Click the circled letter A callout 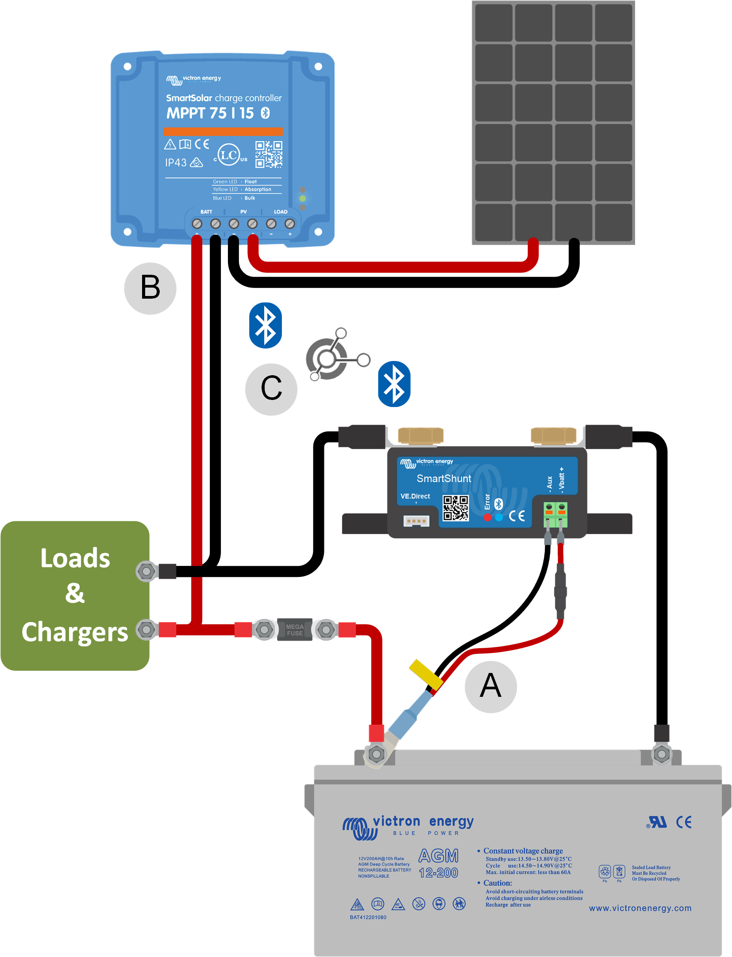pyautogui.click(x=490, y=687)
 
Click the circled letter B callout pyautogui.click(x=150, y=288)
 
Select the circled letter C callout pyautogui.click(x=271, y=389)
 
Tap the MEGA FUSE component pyautogui.click(x=295, y=629)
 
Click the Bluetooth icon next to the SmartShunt pyautogui.click(x=394, y=384)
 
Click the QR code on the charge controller pyautogui.click(x=268, y=154)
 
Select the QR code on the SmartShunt pyautogui.click(x=455, y=508)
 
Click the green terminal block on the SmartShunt pyautogui.click(x=555, y=514)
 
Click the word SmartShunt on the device pyautogui.click(x=443, y=478)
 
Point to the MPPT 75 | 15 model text pyautogui.click(x=210, y=113)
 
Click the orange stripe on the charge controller pyautogui.click(x=223, y=131)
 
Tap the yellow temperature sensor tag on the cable pyautogui.click(x=425, y=674)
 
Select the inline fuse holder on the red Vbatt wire pyautogui.click(x=560, y=591)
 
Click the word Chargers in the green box pyautogui.click(x=75, y=632)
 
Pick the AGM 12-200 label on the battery pyautogui.click(x=438, y=864)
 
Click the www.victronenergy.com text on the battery pyautogui.click(x=640, y=908)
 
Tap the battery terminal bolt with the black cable pyautogui.click(x=662, y=754)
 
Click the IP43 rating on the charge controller pyautogui.click(x=176, y=163)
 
